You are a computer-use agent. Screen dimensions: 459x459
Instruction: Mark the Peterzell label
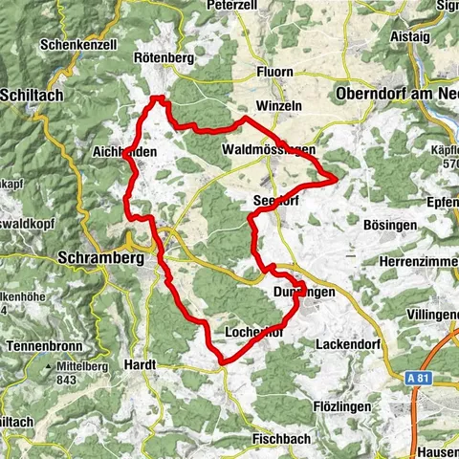(236, 6)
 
